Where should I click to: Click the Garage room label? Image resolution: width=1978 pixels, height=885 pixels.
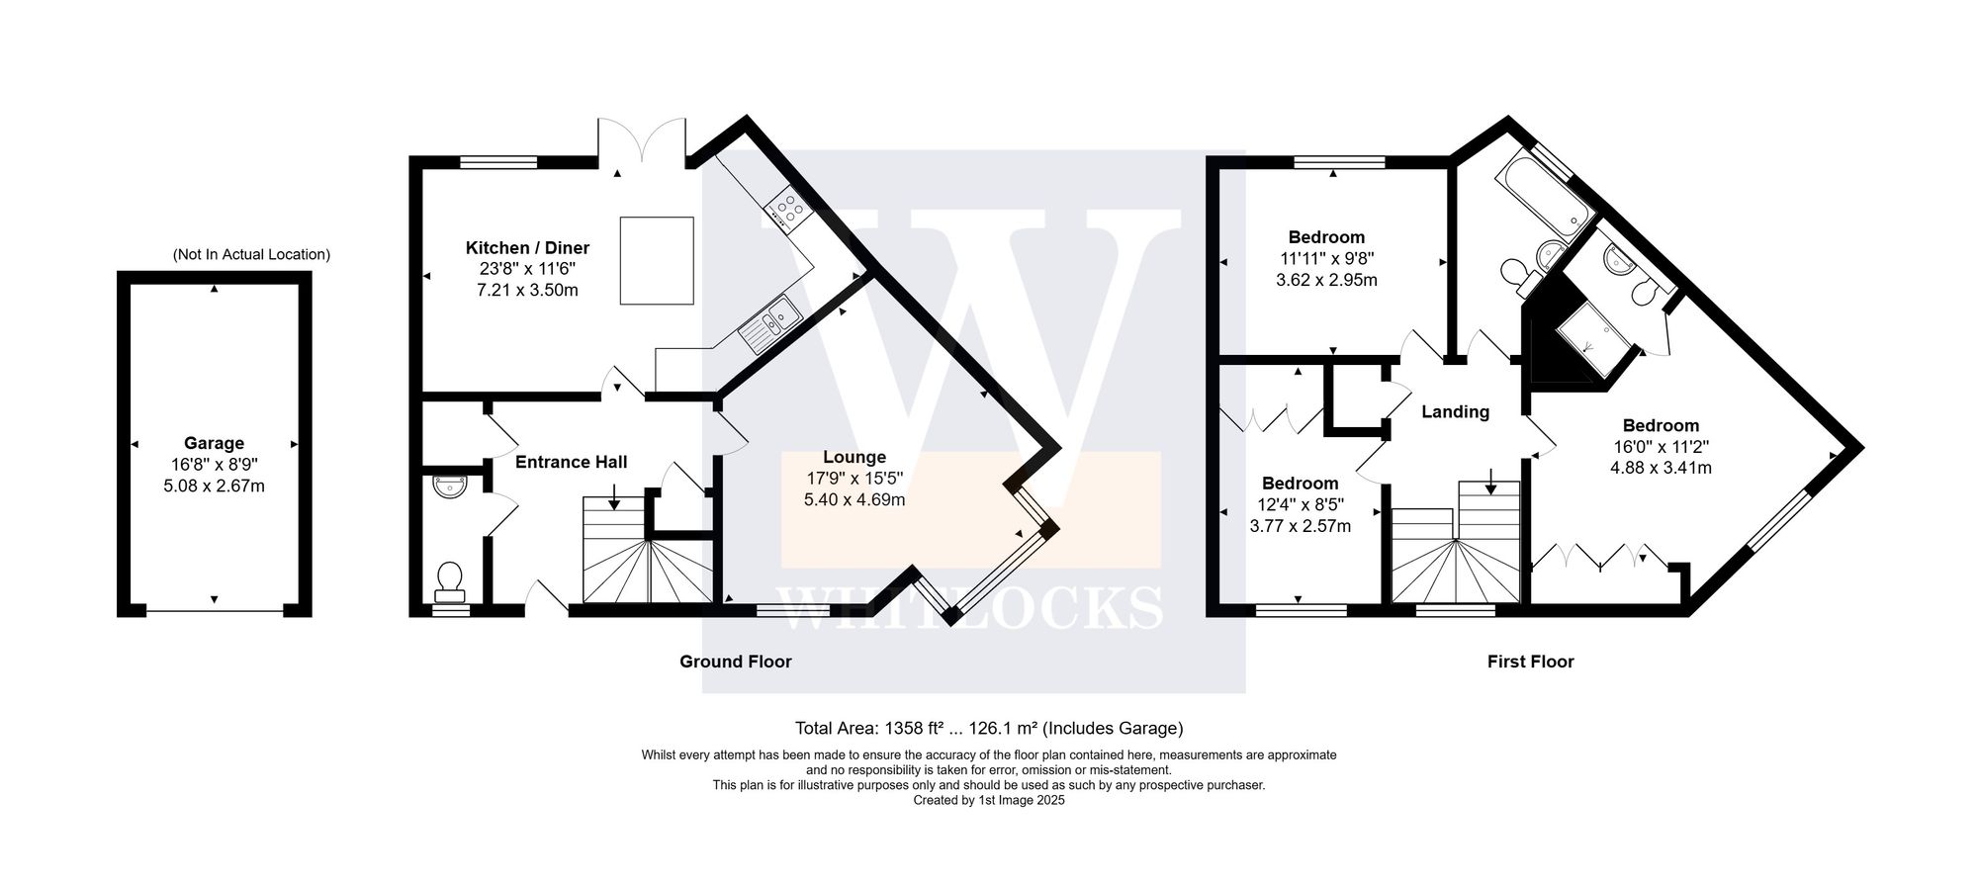click(x=214, y=443)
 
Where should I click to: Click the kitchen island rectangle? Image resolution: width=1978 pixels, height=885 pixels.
click(x=657, y=260)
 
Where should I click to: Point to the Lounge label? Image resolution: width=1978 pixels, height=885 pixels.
click(x=854, y=457)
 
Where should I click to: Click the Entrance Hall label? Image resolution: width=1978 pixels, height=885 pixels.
click(x=572, y=462)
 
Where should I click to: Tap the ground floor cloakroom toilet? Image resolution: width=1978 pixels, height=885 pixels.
click(x=449, y=580)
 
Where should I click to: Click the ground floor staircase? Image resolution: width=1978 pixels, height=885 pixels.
click(x=646, y=564)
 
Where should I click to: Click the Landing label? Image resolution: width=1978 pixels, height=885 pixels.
click(x=1455, y=412)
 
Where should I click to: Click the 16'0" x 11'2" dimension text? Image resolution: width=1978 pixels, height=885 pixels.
click(x=1661, y=447)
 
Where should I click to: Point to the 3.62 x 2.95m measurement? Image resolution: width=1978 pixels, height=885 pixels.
click(x=1326, y=280)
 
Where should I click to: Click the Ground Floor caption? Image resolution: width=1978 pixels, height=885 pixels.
click(x=735, y=662)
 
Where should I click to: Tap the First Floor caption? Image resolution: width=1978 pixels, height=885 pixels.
click(x=1530, y=662)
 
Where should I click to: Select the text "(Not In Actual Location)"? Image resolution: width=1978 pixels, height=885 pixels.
click(x=251, y=254)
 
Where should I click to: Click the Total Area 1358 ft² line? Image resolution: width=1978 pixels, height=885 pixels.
click(x=989, y=729)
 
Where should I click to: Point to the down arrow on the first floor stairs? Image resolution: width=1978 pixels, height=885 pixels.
click(x=1490, y=484)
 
